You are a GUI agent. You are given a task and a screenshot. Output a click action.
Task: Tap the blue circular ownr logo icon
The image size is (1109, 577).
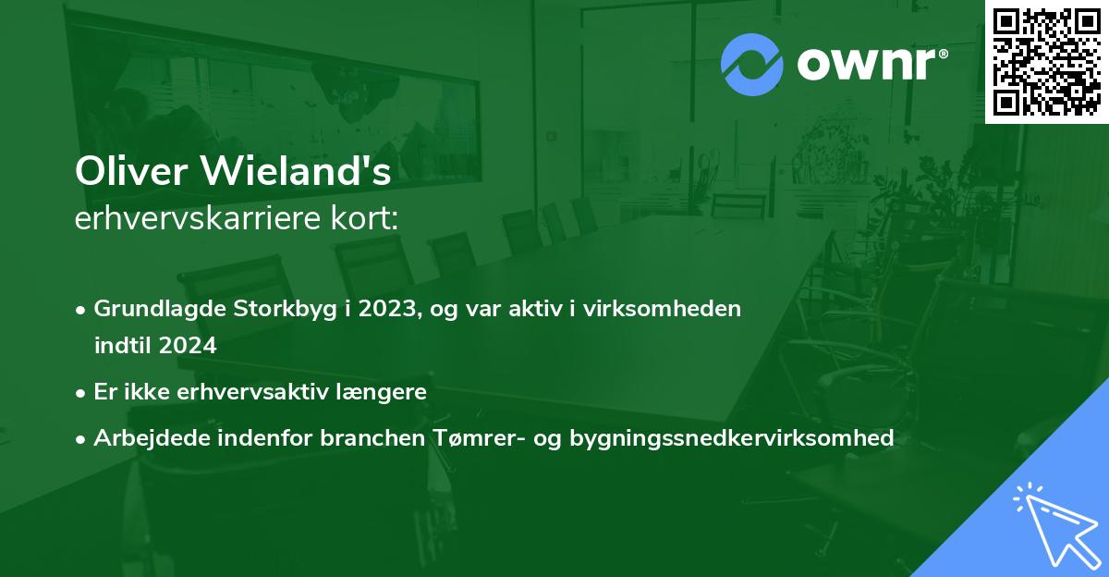[x=752, y=64]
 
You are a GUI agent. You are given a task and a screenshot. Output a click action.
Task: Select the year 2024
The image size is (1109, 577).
[x=187, y=347]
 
